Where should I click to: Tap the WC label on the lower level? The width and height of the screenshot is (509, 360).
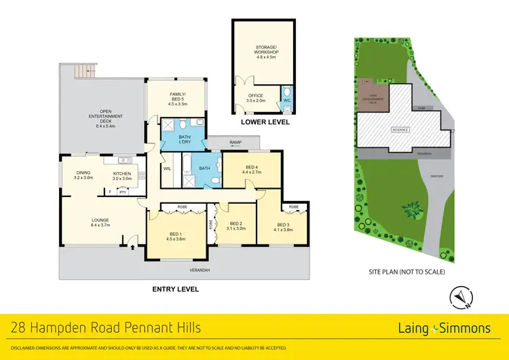(x=286, y=97)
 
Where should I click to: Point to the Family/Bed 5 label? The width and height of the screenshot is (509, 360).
(x=176, y=99)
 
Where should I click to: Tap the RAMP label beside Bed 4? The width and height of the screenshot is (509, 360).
(x=235, y=142)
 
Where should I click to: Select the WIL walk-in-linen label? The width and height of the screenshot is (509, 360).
(x=167, y=167)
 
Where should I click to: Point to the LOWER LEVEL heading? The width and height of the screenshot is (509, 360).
(x=265, y=123)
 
